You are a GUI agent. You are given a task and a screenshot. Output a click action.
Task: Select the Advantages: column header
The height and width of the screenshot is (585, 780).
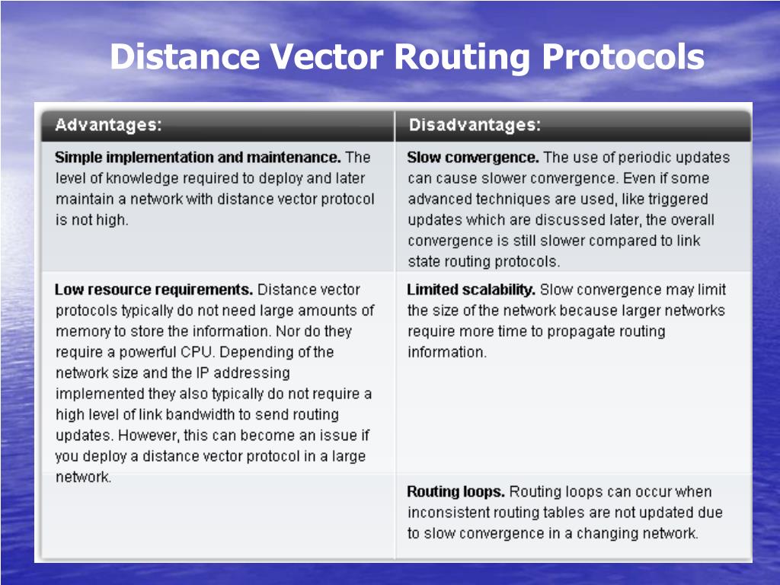coord(108,125)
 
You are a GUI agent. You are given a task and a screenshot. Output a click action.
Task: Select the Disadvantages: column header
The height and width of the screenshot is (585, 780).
coord(475,125)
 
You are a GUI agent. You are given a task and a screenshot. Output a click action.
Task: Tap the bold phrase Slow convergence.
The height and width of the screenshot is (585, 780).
coord(473,158)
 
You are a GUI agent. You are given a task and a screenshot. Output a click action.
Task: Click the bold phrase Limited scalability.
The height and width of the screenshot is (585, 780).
coord(472,290)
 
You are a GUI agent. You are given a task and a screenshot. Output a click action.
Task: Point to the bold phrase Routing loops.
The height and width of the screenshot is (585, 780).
coord(456,492)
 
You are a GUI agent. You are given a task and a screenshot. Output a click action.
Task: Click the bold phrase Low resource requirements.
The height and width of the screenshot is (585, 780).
coord(154,290)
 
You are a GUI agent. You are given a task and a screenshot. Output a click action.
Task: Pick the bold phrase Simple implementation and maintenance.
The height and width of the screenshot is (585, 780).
coord(198,158)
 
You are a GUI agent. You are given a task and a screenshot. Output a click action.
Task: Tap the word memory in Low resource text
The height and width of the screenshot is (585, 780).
coord(80,331)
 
